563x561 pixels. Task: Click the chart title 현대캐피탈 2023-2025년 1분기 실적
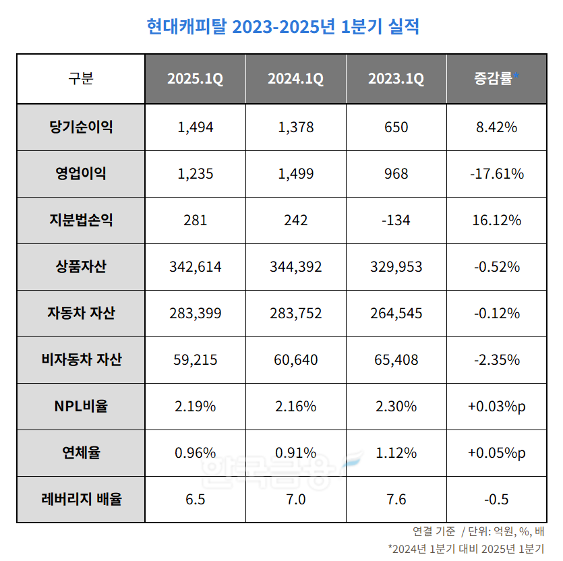(x=283, y=26)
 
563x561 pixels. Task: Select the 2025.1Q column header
(x=195, y=79)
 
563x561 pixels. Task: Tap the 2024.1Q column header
(x=295, y=79)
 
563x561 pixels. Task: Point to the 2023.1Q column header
(x=396, y=79)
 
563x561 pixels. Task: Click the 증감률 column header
(x=496, y=79)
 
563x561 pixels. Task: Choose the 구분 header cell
(x=81, y=79)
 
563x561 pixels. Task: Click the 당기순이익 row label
(x=81, y=127)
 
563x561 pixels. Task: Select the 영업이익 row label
(x=81, y=173)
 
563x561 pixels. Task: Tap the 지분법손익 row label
(x=81, y=220)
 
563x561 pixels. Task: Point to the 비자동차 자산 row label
(x=81, y=359)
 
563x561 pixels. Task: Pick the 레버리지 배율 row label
(x=81, y=499)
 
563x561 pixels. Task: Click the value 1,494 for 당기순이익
(x=195, y=127)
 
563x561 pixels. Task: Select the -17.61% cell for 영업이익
(x=496, y=173)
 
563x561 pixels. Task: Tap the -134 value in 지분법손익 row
(x=396, y=220)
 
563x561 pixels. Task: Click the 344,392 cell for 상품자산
(x=295, y=266)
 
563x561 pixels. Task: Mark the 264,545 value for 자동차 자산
(x=396, y=313)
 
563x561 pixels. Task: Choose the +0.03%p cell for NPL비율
(x=496, y=406)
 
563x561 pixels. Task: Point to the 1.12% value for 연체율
(x=396, y=452)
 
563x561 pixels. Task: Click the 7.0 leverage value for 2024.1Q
(x=295, y=499)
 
